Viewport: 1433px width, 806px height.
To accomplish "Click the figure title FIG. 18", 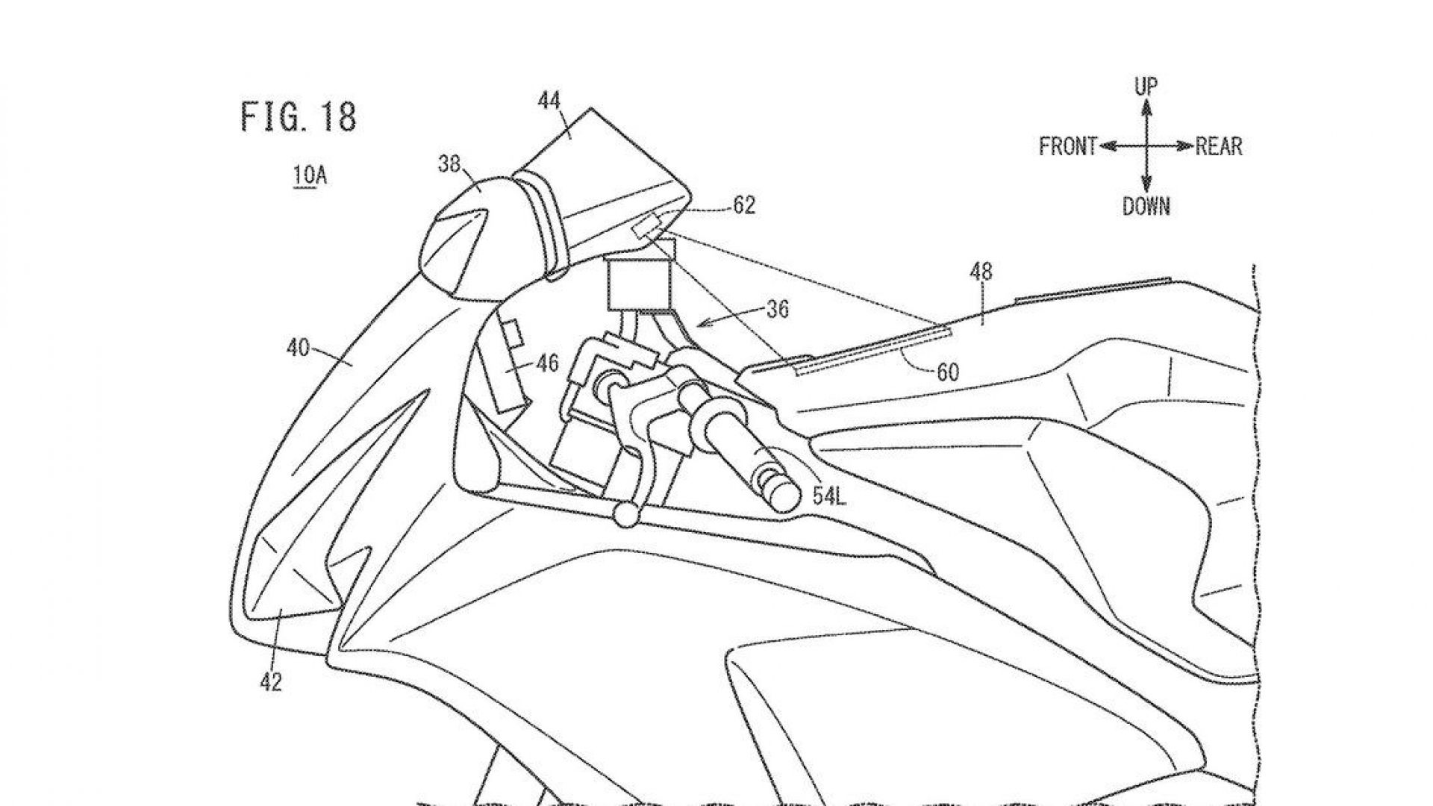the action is (299, 118).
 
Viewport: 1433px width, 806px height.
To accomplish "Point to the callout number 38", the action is (449, 163).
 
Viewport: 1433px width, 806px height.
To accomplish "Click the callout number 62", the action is (743, 205).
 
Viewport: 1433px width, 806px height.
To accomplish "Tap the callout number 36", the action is (777, 309).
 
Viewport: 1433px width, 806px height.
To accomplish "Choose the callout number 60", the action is (947, 372).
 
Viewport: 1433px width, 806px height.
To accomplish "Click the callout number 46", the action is (547, 364).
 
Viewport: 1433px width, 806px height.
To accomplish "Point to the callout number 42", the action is (270, 681).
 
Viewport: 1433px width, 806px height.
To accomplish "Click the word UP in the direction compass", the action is (1146, 87).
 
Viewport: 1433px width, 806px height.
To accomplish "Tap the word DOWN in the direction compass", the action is (1146, 206).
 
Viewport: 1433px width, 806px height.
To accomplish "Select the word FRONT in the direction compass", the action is (1068, 146).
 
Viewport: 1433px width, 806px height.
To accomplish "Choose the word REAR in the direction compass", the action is (1219, 146).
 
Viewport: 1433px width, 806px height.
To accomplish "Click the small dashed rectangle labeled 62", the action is (646, 225).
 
